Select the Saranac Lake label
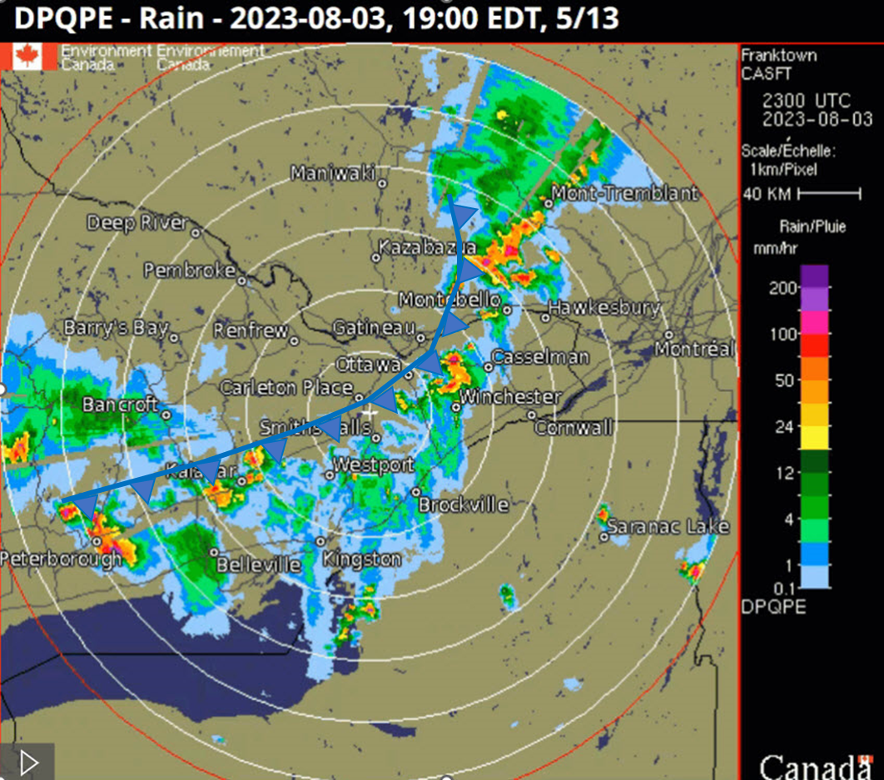[x=668, y=527]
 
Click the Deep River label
[x=137, y=223]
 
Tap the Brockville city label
[x=463, y=504]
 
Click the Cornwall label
[x=574, y=428]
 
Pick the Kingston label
[x=362, y=558]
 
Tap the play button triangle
[x=28, y=762]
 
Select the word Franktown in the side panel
[x=778, y=56]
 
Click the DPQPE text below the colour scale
[x=773, y=607]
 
